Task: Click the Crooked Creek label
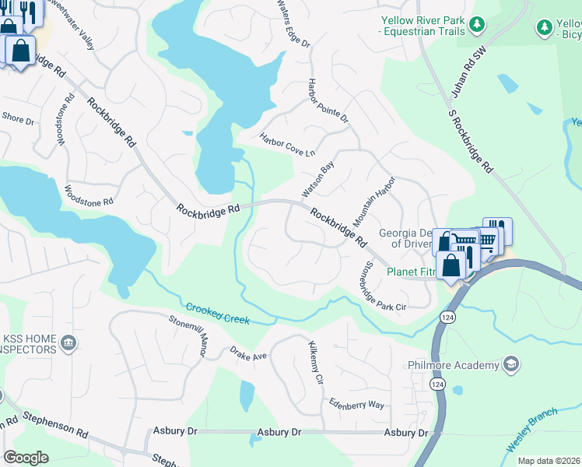218,311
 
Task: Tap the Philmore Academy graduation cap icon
510,364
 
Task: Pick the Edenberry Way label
356,405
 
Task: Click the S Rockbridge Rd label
472,141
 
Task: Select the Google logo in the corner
26,458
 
